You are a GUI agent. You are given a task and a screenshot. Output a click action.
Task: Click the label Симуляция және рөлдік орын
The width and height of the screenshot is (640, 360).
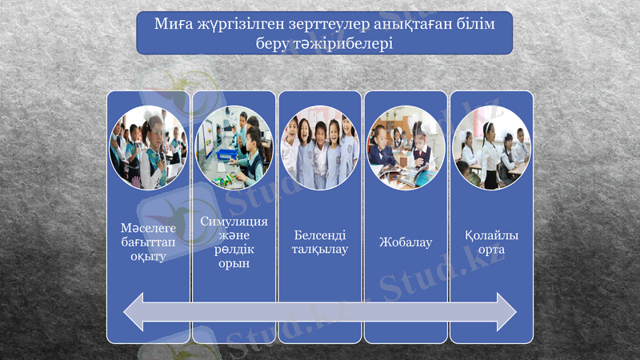click(234, 242)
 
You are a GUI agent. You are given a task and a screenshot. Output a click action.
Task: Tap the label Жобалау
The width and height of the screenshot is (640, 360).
click(406, 242)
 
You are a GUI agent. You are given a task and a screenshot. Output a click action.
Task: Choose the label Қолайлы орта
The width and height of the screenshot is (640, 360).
click(491, 242)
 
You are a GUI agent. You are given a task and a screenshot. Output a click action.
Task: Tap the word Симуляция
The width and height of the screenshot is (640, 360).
click(234, 221)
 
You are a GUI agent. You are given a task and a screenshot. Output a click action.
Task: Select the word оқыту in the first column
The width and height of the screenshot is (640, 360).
click(148, 257)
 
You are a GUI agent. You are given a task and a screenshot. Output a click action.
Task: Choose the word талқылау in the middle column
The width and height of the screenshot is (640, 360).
click(320, 250)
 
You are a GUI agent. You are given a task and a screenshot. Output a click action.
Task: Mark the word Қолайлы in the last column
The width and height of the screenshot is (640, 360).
click(491, 235)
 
